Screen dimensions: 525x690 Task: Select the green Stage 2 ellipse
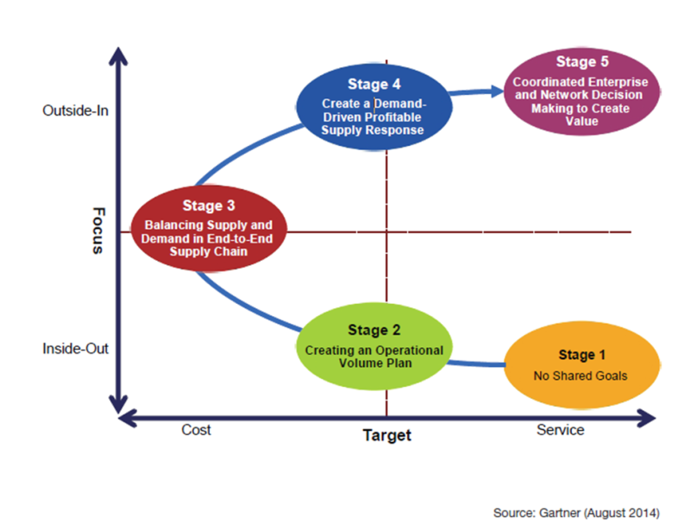pos(373,346)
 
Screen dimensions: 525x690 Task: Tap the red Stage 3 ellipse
pos(209,229)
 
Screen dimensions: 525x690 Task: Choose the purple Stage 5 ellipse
pos(575,90)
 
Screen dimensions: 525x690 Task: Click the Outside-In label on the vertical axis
pos(75,111)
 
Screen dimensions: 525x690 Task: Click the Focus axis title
pos(97,232)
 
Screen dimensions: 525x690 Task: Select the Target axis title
pos(386,435)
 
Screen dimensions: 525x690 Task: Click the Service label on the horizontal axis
pos(560,430)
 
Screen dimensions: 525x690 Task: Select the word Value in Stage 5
pos(576,123)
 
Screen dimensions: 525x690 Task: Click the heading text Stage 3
pos(209,206)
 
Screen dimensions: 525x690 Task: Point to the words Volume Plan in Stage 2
pos(373,364)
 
